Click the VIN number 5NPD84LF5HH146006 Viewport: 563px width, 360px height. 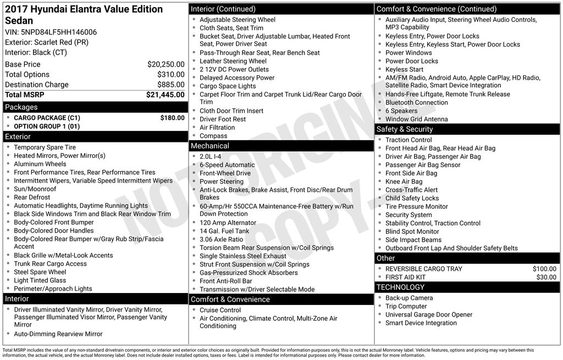(51, 32)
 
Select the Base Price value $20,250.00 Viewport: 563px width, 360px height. (165, 64)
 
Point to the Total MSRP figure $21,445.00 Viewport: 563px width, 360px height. (165, 95)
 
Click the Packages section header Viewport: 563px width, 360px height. (21, 107)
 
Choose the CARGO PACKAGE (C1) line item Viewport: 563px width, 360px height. (47, 118)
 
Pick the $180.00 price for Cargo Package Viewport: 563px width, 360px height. (172, 118)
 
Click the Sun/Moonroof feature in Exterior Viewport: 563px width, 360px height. (35, 189)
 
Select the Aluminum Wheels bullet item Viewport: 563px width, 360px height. (40, 164)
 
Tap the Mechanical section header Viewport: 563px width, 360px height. (209, 146)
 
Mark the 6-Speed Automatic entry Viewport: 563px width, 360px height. (227, 165)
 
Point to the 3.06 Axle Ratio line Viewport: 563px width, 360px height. (221, 240)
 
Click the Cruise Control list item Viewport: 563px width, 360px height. (220, 310)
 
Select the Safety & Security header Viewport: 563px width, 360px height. (405, 129)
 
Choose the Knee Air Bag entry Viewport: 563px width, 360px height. (404, 181)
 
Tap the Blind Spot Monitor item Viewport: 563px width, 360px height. (412, 231)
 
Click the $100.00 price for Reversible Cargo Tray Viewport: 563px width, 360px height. (544, 269)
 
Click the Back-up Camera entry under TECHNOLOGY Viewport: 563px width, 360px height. (409, 298)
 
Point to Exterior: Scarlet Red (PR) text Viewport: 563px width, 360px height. (47, 42)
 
